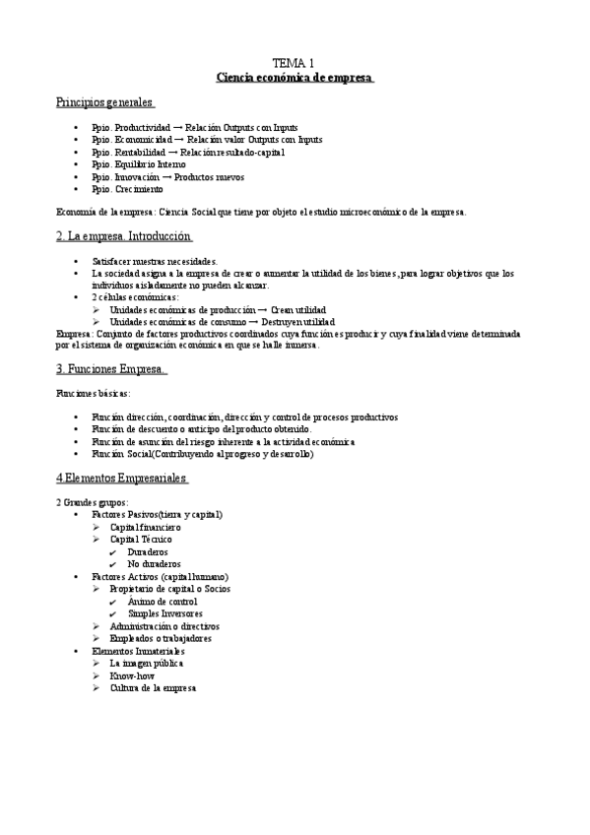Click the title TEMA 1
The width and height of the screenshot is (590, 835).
(295, 61)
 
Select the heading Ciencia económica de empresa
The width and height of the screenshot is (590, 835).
(295, 77)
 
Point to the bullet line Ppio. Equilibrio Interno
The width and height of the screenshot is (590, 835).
(139, 164)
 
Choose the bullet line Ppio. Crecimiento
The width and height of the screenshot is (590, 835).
(127, 189)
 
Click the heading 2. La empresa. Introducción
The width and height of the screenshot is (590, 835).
(124, 236)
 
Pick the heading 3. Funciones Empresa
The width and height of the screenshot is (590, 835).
(111, 369)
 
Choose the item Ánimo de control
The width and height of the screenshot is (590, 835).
(163, 602)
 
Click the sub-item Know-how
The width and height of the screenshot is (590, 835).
(132, 675)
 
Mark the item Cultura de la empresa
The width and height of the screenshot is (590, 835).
(153, 687)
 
